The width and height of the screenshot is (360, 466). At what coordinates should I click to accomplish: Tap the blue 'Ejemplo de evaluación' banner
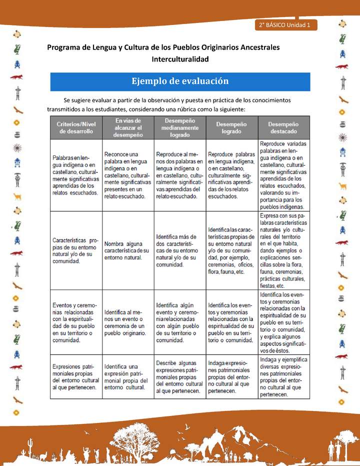[180, 81]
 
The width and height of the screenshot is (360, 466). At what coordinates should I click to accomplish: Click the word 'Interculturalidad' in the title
[180, 59]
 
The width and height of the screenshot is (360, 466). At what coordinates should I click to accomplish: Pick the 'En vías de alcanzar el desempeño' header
[127, 127]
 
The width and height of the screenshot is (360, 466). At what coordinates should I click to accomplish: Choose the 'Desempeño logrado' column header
[231, 127]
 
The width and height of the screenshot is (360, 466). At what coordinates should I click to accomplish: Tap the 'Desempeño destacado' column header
[283, 127]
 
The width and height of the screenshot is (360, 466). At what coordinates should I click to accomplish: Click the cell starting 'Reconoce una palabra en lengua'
[127, 175]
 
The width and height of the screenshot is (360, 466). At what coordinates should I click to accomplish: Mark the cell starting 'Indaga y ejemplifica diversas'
[283, 376]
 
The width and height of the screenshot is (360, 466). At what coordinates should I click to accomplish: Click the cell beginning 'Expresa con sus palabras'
[283, 250]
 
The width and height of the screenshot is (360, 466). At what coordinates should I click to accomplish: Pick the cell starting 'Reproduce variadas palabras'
[283, 175]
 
